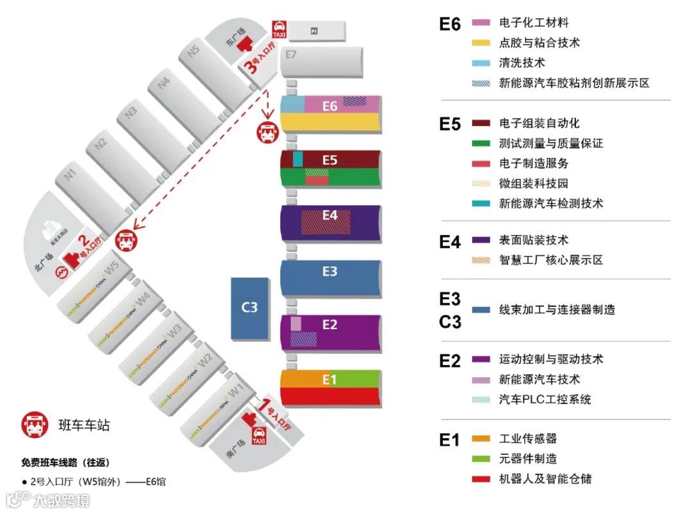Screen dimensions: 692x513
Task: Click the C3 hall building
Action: click(249, 308)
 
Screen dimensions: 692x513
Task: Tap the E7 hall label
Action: click(292, 54)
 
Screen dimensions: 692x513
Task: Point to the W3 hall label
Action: click(174, 331)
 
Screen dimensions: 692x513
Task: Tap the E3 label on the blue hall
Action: click(329, 272)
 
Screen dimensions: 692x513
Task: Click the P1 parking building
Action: click(314, 30)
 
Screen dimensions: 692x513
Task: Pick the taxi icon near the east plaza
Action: click(279, 29)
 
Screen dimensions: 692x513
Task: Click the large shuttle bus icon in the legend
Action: click(35, 424)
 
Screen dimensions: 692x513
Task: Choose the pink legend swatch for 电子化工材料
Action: click(481, 22)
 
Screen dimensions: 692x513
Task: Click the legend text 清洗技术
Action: click(522, 63)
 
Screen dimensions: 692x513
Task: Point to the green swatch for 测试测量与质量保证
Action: click(481, 143)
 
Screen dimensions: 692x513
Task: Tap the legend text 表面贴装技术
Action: click(533, 240)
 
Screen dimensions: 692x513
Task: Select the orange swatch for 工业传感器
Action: click(481, 439)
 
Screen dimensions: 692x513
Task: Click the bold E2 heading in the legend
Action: click(450, 361)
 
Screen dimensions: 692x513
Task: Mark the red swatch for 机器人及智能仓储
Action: click(481, 478)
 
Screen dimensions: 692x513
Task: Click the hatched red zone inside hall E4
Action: click(327, 222)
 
